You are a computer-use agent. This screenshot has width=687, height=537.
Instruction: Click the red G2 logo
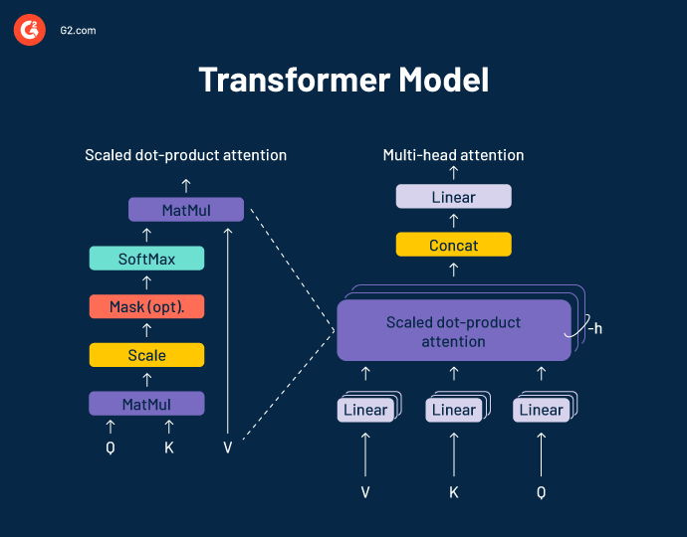click(29, 31)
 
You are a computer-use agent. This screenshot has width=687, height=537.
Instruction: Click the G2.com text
click(74, 31)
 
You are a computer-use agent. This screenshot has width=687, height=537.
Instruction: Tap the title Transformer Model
click(343, 80)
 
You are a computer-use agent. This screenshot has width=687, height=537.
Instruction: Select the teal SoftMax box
click(146, 259)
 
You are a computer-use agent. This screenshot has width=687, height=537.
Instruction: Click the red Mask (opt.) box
click(146, 306)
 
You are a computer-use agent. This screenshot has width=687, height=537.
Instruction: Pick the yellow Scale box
click(146, 355)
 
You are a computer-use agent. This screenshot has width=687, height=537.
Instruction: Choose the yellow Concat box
click(453, 245)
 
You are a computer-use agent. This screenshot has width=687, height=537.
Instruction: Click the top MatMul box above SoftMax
click(186, 210)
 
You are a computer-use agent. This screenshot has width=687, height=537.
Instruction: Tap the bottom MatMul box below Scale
click(146, 404)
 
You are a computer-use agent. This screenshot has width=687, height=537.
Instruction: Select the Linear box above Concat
click(453, 197)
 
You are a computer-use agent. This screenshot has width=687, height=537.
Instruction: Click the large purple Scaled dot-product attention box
click(453, 332)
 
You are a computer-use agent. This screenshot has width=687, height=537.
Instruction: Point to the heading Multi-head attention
click(453, 155)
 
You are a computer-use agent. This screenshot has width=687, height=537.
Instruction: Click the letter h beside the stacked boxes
click(596, 328)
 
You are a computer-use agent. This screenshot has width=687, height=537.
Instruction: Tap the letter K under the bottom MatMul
click(168, 447)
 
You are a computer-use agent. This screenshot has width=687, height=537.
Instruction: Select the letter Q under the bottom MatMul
click(111, 447)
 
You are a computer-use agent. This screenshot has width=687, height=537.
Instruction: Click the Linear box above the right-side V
click(365, 410)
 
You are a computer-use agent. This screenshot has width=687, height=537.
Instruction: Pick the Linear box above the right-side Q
click(541, 410)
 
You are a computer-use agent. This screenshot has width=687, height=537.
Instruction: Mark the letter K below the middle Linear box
click(454, 491)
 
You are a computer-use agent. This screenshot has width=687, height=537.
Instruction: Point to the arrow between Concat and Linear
click(454, 222)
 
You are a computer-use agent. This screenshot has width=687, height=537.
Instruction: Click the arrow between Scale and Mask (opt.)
click(146, 330)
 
